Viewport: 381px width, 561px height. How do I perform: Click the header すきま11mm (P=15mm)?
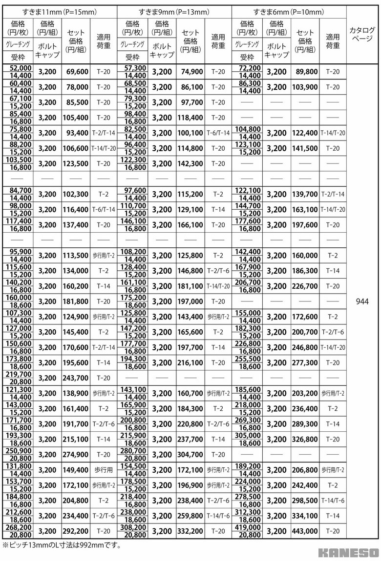pos(60,11)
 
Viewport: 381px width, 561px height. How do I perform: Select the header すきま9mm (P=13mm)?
pos(174,11)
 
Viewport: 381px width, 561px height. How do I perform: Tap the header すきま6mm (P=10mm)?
pos(289,11)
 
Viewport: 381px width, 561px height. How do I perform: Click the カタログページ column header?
pos(362,34)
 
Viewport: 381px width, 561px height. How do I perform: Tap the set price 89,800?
pos(306,72)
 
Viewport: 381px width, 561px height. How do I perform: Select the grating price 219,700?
pos(19,374)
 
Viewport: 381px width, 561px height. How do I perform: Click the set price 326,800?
pos(306,439)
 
